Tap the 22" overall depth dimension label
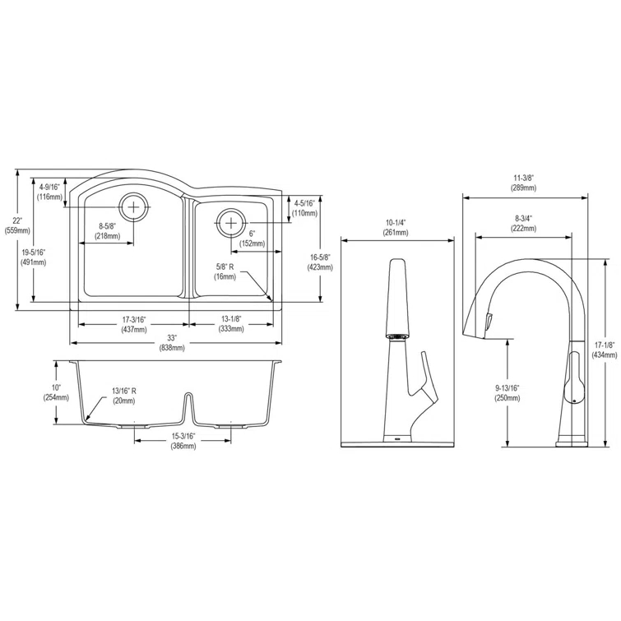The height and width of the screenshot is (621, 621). [16, 225]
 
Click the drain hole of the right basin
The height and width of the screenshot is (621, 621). [231, 222]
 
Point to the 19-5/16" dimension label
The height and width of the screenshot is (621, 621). [34, 257]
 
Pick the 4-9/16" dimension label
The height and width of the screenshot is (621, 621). [49, 192]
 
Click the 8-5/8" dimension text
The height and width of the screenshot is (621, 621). [107, 231]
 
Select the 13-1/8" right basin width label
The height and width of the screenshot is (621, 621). [231, 324]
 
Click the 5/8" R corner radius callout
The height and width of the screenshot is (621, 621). [225, 272]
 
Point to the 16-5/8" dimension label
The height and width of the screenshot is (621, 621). [319, 262]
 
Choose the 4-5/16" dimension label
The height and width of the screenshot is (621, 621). [304, 208]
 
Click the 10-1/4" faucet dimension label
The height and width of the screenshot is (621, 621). [396, 227]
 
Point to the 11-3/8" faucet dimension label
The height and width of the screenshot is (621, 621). [524, 183]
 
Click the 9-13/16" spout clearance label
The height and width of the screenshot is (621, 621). [507, 392]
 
